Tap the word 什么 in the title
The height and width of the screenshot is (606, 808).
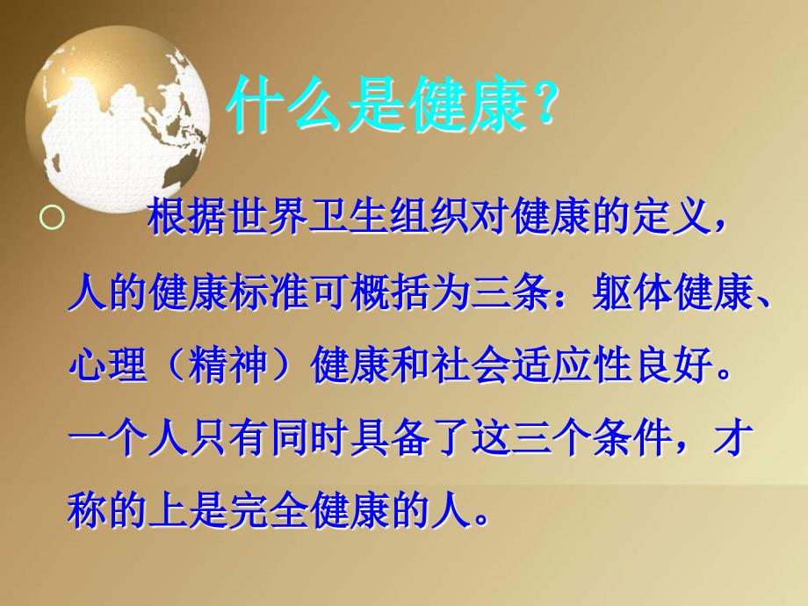click(285, 105)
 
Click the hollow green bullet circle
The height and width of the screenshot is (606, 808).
click(52, 218)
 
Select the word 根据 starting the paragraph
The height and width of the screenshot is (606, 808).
click(186, 216)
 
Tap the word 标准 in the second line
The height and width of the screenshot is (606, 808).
click(269, 295)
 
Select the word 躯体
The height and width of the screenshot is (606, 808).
click(632, 295)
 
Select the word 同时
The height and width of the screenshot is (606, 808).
click(308, 439)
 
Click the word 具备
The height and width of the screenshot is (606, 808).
click(390, 439)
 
